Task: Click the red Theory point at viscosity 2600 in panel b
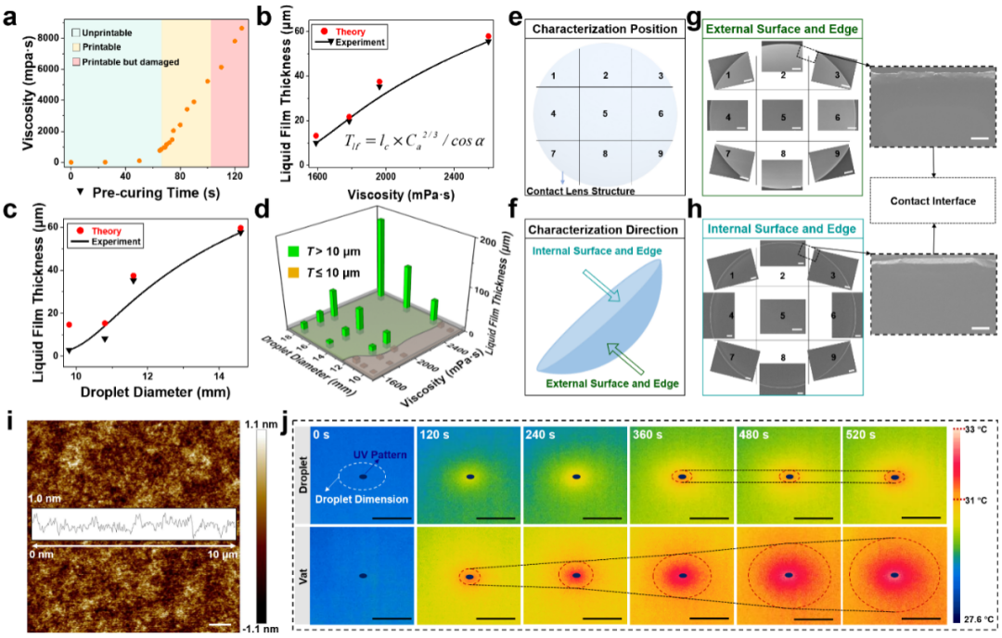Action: tap(489, 36)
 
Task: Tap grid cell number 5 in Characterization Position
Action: tap(605, 113)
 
